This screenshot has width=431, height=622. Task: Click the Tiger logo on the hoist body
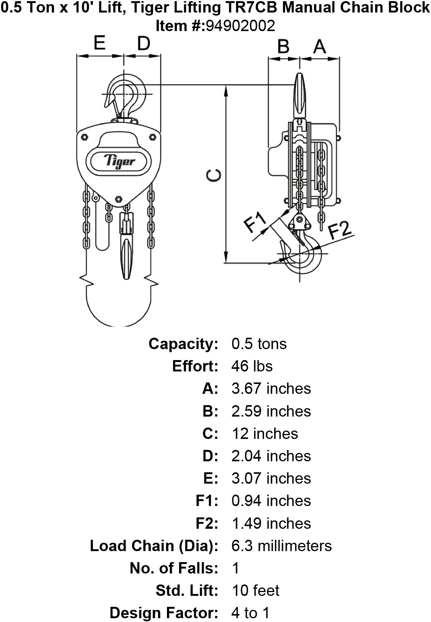(x=119, y=161)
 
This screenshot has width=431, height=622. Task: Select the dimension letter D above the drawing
(x=143, y=44)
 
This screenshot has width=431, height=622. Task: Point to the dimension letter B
(x=283, y=47)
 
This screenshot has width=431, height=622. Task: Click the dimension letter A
(x=319, y=47)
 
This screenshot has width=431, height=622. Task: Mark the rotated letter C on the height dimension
(x=214, y=175)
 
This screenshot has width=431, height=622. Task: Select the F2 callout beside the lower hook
(x=340, y=229)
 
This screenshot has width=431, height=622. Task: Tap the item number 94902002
(x=240, y=26)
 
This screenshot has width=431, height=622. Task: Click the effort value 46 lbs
(x=252, y=366)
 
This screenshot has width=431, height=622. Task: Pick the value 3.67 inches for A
(x=271, y=389)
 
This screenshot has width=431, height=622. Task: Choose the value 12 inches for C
(x=265, y=434)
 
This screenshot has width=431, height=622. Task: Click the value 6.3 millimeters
(x=282, y=546)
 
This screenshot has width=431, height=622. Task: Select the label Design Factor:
(x=164, y=613)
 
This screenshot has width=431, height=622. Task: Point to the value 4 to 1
(x=250, y=613)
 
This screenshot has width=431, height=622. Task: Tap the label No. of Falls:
(x=174, y=568)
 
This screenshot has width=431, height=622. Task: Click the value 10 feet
(x=255, y=591)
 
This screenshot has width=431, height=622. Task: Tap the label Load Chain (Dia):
(x=154, y=546)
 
